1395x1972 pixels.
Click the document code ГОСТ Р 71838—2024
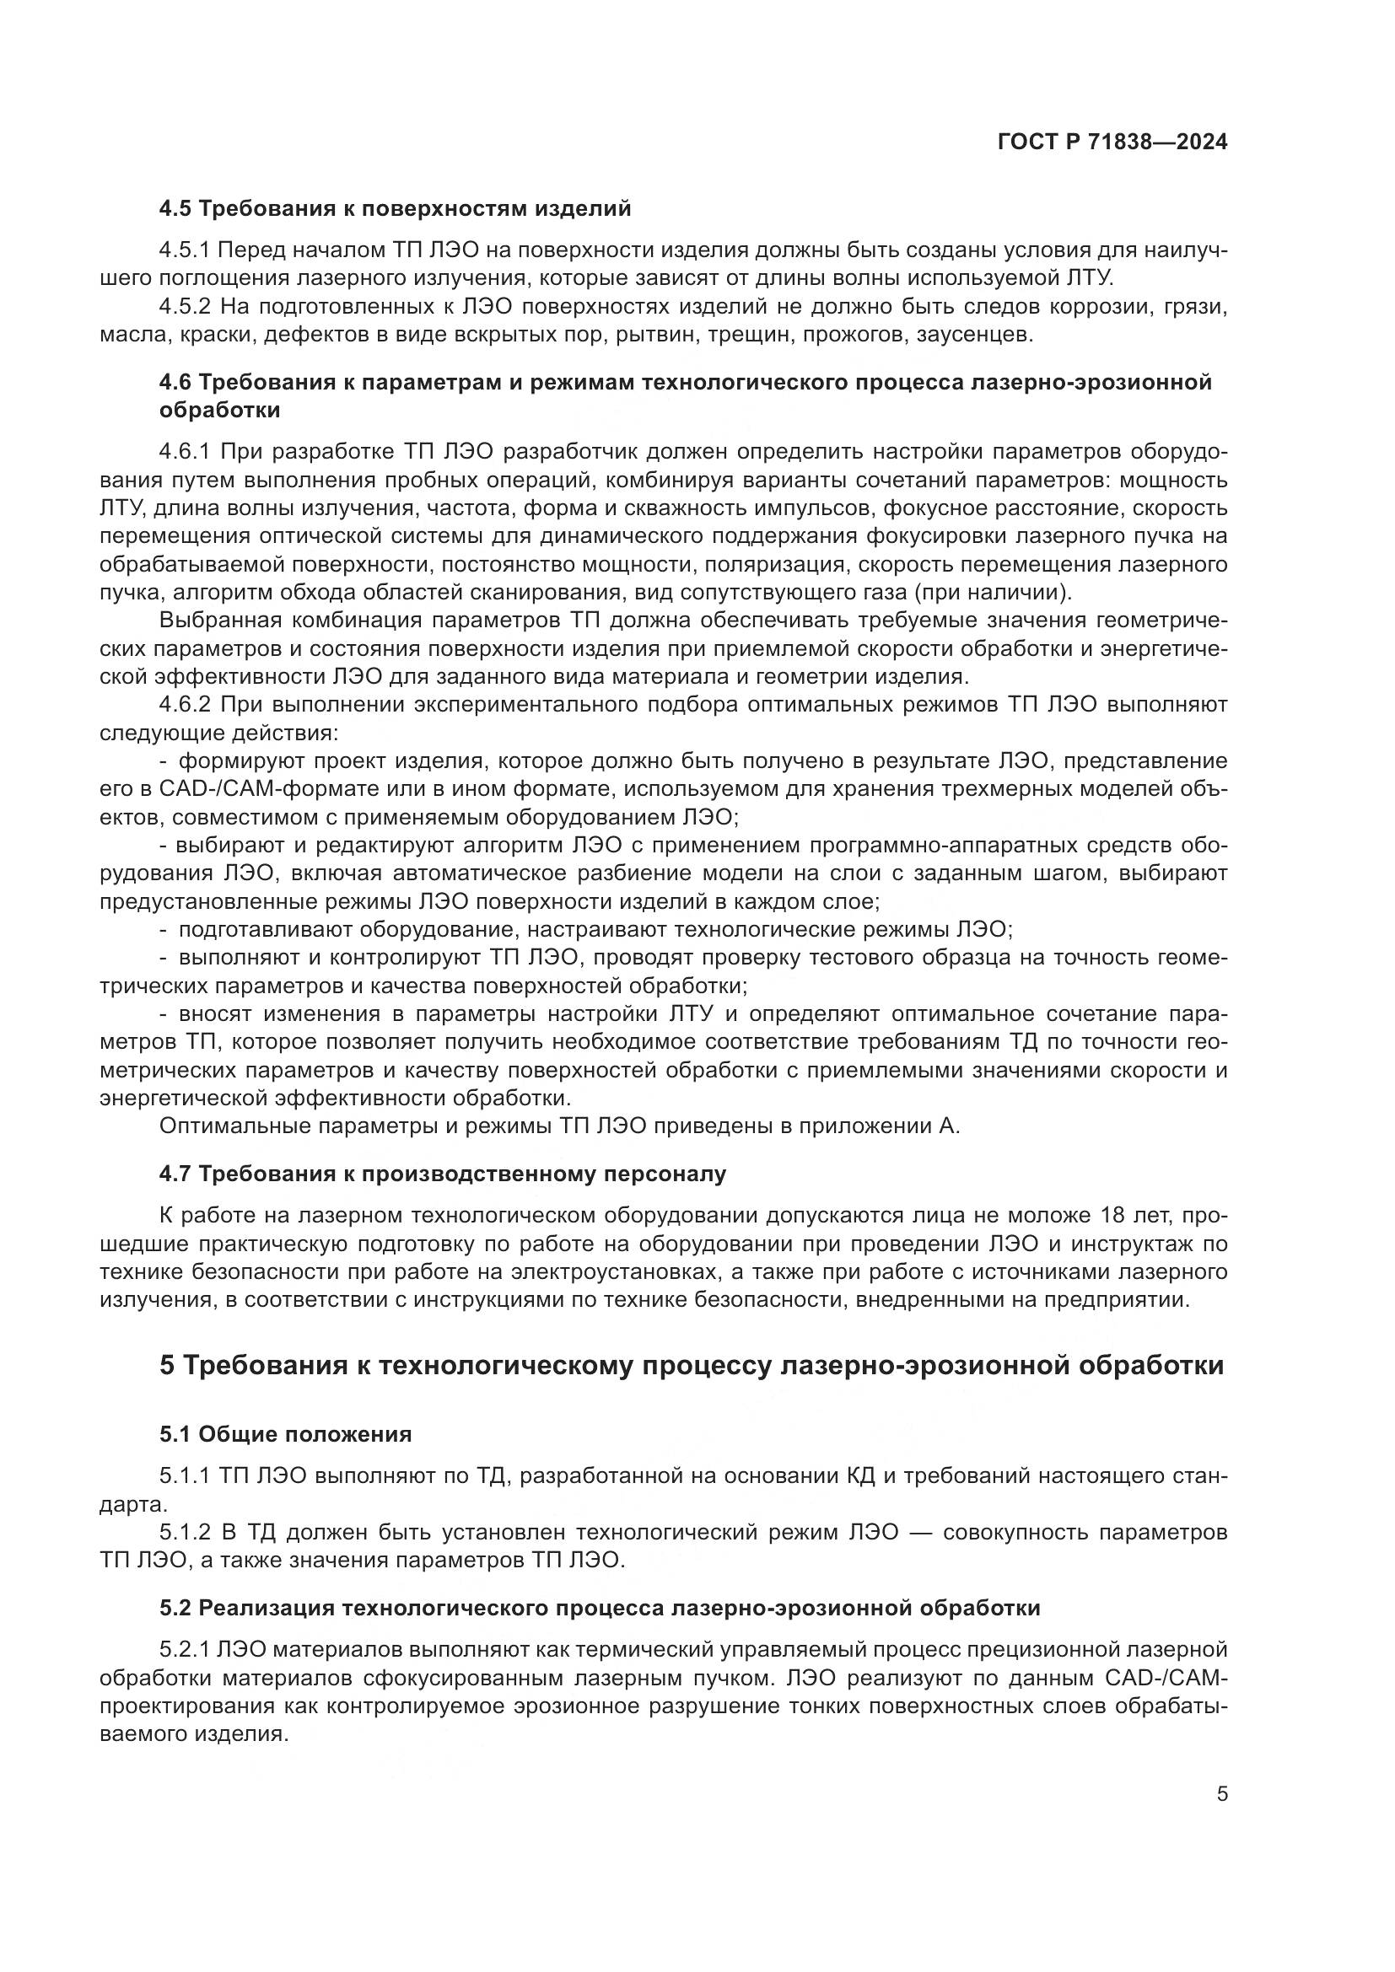coord(1112,143)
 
